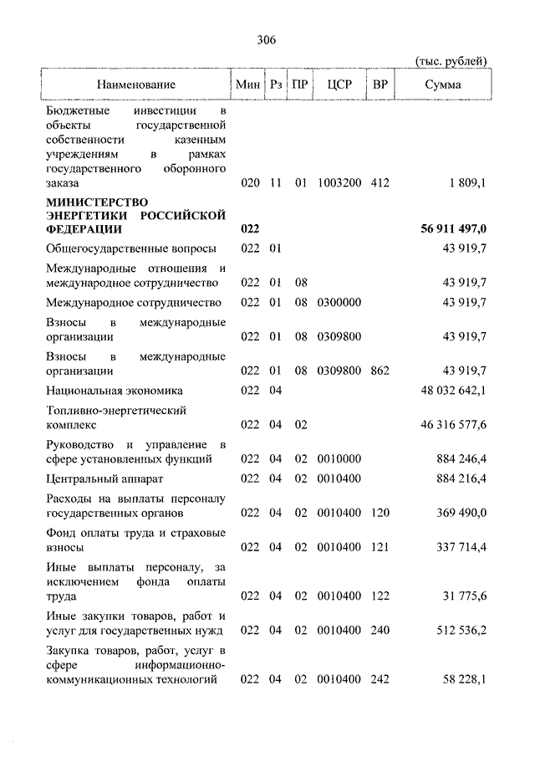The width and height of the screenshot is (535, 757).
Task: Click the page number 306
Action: coord(267,39)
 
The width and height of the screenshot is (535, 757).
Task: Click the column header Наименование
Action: coord(135,84)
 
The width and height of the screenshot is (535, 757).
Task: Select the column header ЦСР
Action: coord(338,84)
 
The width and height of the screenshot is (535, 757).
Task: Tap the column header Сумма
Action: coord(442,84)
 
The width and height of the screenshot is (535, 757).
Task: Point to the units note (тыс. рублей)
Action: coord(451,61)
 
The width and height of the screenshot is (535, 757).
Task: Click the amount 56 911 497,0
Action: coord(450,229)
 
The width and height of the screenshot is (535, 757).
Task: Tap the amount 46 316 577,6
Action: coord(454,425)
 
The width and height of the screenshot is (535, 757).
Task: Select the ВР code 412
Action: coord(380,182)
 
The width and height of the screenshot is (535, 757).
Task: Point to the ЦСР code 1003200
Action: coord(338,182)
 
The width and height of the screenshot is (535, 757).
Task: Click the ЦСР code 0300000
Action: coord(338,303)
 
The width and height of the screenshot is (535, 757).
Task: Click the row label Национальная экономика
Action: coord(115,391)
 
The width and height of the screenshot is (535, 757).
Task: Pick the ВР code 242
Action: coord(380,681)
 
